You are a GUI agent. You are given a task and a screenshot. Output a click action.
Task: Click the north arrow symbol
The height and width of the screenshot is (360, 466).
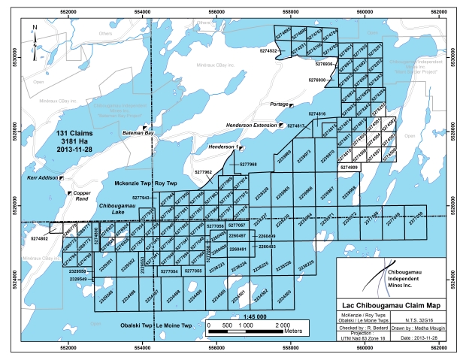35,32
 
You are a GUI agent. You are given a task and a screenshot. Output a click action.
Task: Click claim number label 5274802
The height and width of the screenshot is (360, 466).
40,238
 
